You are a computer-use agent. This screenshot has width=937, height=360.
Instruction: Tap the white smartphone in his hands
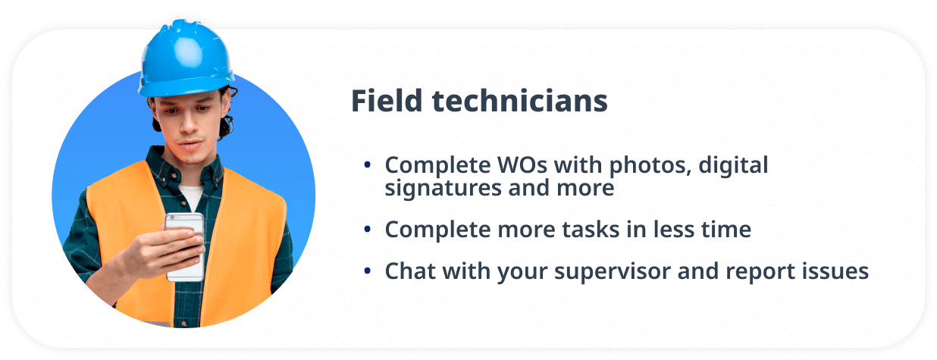click(x=185, y=245)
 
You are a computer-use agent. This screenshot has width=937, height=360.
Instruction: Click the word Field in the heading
click(x=378, y=102)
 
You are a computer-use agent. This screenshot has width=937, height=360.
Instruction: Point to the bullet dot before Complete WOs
click(x=368, y=164)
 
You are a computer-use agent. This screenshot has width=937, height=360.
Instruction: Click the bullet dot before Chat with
click(x=368, y=271)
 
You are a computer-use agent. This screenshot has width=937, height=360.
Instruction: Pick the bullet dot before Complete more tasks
click(x=368, y=230)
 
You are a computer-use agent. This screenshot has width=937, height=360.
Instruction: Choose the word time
click(x=728, y=230)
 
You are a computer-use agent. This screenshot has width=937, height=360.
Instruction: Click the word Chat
click(x=411, y=271)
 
